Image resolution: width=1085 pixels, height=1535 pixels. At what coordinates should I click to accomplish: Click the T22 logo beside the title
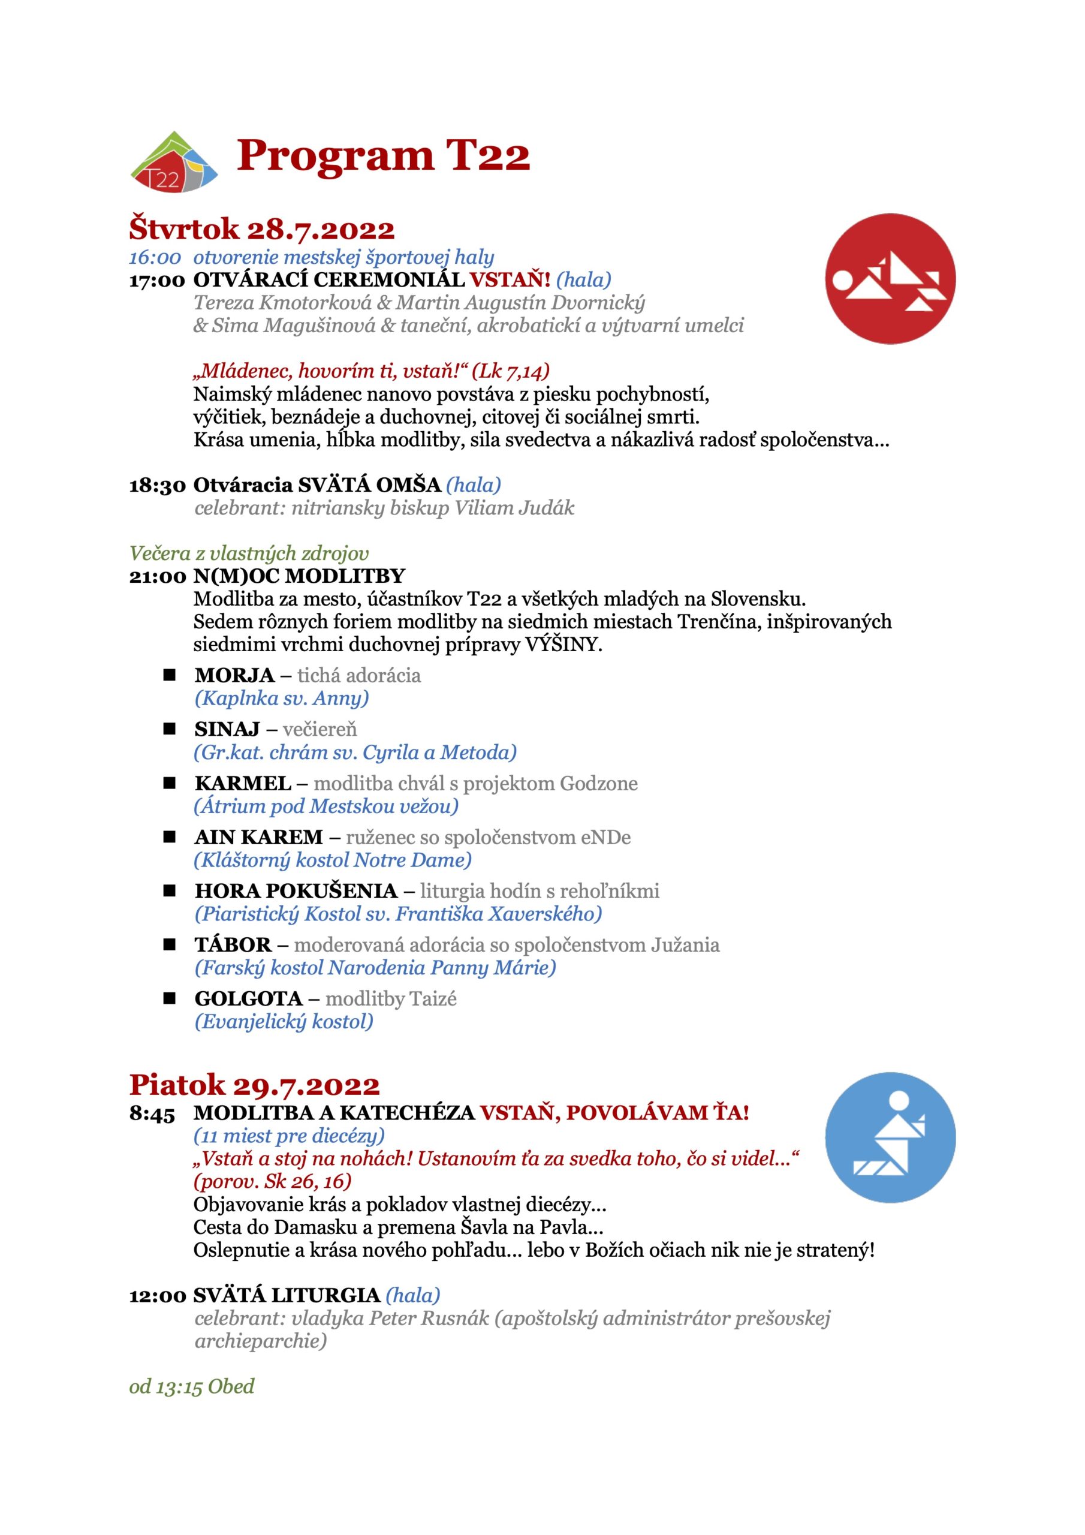174,162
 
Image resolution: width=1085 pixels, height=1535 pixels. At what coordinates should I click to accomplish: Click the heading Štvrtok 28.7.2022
261,228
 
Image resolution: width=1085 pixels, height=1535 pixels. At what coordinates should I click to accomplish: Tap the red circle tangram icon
890,279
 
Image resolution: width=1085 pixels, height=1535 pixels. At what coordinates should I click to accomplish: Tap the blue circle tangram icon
890,1137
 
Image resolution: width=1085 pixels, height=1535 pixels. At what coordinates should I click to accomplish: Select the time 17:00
157,280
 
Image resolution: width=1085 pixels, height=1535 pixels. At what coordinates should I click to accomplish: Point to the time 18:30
157,485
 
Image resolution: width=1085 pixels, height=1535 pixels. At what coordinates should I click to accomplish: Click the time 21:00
157,576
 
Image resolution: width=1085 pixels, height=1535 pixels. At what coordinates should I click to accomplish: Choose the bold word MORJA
234,675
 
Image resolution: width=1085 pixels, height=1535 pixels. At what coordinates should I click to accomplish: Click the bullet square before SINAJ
170,729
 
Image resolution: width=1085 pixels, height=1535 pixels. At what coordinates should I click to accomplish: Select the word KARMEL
243,784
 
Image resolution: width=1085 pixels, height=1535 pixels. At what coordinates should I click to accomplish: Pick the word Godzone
598,784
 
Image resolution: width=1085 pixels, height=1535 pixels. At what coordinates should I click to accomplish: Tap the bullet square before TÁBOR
170,944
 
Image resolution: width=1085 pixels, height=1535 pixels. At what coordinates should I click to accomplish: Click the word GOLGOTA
249,999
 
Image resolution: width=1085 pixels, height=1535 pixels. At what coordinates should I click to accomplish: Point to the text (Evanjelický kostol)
284,1022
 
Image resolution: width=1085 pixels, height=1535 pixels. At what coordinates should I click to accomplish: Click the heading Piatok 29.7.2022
254,1085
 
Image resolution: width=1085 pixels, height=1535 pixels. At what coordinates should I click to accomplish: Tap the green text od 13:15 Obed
192,1386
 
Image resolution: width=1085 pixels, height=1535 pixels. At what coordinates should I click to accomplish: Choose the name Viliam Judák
514,508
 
